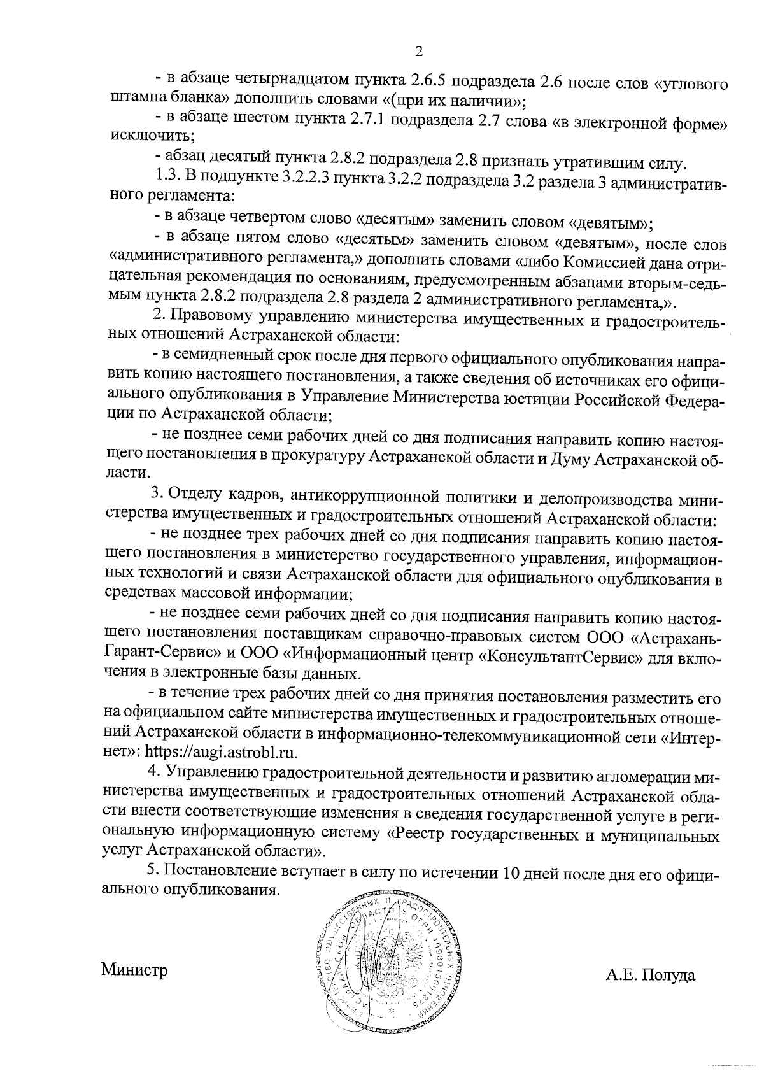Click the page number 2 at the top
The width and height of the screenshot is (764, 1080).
pos(419,50)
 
